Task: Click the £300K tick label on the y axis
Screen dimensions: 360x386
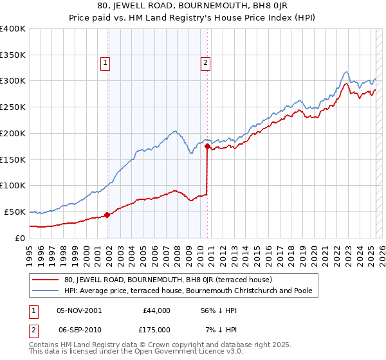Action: coord(13,81)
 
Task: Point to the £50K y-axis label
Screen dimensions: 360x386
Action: coord(15,212)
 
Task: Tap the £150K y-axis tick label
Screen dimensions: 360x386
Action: coord(13,159)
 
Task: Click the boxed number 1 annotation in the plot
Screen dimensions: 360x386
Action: coord(105,63)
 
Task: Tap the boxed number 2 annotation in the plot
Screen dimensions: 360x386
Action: coord(205,63)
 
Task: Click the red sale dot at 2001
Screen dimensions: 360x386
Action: coord(107,215)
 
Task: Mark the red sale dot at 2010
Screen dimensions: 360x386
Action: coord(207,147)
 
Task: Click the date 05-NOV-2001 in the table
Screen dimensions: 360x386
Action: coord(79,310)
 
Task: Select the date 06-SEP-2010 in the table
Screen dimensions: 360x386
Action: coord(79,329)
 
